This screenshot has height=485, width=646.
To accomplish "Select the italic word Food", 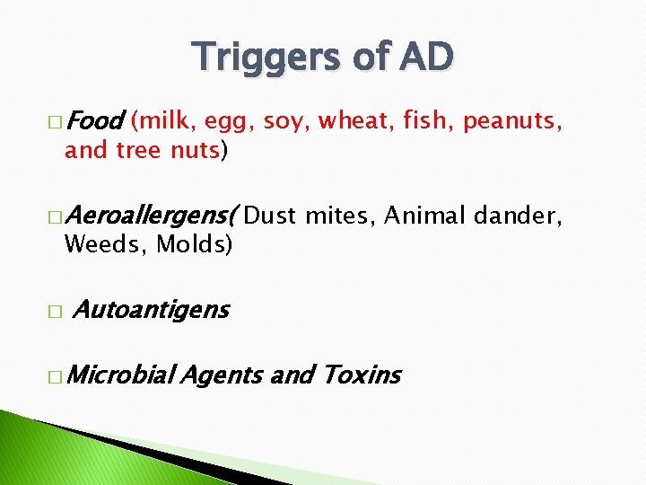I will coord(93,120).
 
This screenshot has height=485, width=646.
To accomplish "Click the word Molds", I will coord(194,243).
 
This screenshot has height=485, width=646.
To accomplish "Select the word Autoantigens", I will coord(150,311).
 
